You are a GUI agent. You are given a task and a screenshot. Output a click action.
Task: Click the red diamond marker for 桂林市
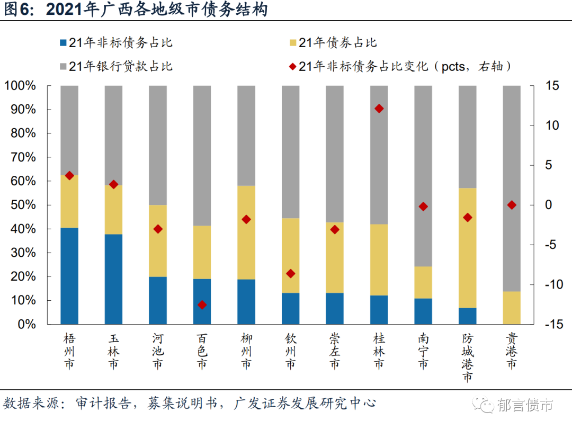pyautogui.click(x=379, y=109)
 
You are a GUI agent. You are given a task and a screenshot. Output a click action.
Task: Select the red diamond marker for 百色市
pyautogui.click(x=202, y=304)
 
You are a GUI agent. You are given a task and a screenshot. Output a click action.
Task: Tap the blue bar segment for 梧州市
pyautogui.click(x=69, y=275)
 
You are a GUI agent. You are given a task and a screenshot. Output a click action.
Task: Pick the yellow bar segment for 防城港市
pyautogui.click(x=467, y=248)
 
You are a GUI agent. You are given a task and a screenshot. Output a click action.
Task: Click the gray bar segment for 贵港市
pyautogui.click(x=511, y=188)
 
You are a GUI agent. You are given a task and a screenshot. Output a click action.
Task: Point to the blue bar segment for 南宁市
pyautogui.click(x=423, y=311)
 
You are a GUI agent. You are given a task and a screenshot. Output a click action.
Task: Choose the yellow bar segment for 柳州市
pyautogui.click(x=246, y=232)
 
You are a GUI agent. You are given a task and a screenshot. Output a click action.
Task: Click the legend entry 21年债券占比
pyautogui.click(x=337, y=43)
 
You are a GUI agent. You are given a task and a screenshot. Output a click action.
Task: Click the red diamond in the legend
pyautogui.click(x=292, y=67)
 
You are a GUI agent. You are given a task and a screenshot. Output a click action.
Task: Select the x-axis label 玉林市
pyautogui.click(x=113, y=351)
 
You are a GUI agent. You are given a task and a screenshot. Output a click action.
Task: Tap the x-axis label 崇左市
pyautogui.click(x=334, y=351)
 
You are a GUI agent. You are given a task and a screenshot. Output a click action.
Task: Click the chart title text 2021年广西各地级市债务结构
pyautogui.click(x=156, y=10)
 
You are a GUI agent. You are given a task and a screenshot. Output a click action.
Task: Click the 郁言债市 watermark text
pyautogui.click(x=525, y=405)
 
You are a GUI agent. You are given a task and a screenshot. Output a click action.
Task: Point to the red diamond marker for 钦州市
pyautogui.click(x=290, y=273)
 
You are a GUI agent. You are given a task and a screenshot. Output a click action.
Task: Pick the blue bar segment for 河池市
pyautogui.click(x=158, y=300)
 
